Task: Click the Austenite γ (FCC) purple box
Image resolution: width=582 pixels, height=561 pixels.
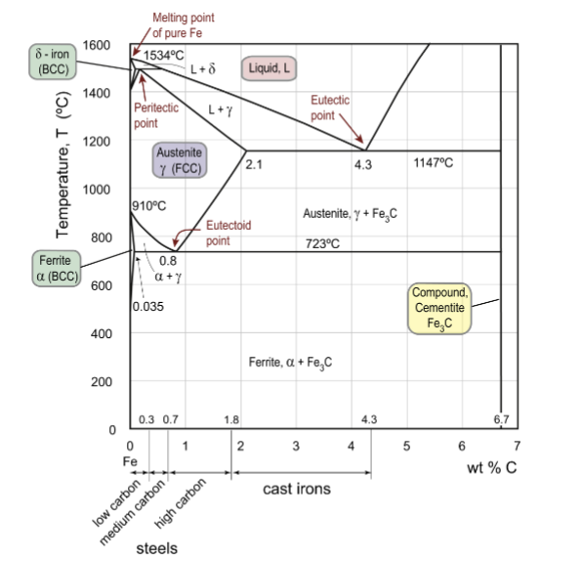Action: (180, 160)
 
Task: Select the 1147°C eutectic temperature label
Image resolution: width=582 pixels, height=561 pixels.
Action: (431, 163)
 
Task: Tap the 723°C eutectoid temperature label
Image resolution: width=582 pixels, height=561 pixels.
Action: (321, 243)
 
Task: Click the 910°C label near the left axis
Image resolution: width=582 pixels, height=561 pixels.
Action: (149, 207)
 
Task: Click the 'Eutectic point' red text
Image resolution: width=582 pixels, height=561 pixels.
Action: (329, 108)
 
